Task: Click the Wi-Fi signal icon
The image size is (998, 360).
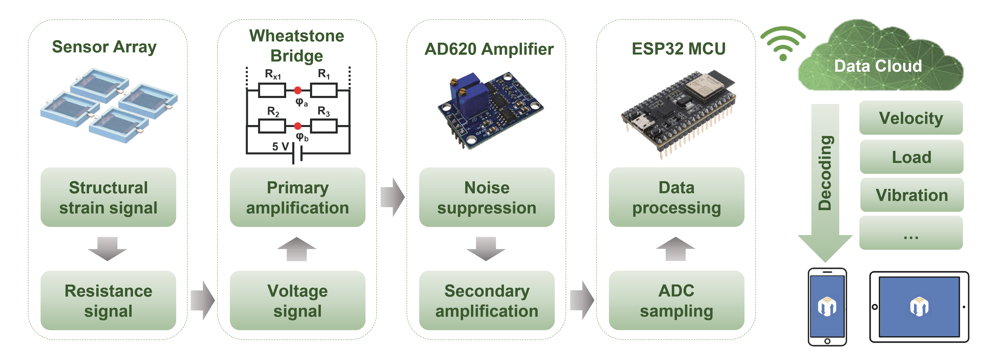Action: pyautogui.click(x=783, y=43)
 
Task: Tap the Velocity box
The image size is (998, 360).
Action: pyautogui.click(x=911, y=118)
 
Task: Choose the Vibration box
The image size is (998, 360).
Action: pyautogui.click(x=912, y=195)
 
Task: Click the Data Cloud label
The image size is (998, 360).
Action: pyautogui.click(x=878, y=66)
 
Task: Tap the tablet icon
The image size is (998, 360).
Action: pyautogui.click(x=919, y=307)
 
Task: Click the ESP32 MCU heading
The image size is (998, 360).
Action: pyautogui.click(x=678, y=49)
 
